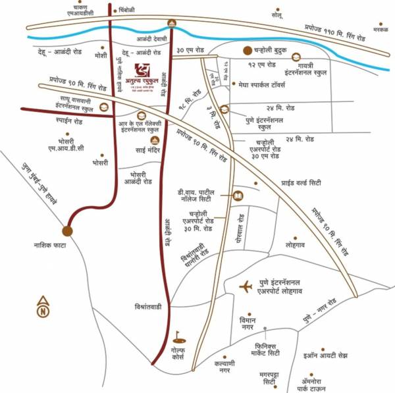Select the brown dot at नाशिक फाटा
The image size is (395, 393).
coord(67,231)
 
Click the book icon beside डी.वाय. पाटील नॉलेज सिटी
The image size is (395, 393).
coord(238,196)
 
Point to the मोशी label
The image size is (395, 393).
coord(101,56)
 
